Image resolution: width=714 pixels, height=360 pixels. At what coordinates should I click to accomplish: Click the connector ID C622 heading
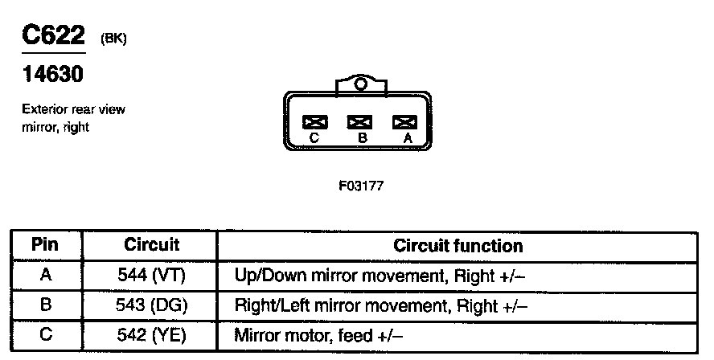52,36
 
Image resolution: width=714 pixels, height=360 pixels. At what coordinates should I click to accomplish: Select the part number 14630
51,76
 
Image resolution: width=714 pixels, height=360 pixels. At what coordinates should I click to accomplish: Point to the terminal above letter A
404,122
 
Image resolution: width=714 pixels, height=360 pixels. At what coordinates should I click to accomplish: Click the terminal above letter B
359,122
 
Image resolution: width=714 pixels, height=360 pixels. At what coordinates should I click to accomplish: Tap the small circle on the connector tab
359,84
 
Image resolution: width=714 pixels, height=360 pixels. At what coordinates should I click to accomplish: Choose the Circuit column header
151,245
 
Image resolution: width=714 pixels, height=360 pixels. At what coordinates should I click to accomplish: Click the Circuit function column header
458,245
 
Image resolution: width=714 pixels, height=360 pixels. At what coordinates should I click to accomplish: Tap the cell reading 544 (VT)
151,276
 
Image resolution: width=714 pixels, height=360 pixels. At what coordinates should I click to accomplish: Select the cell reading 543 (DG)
151,305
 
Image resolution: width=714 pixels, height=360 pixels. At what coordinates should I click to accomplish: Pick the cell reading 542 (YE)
151,335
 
